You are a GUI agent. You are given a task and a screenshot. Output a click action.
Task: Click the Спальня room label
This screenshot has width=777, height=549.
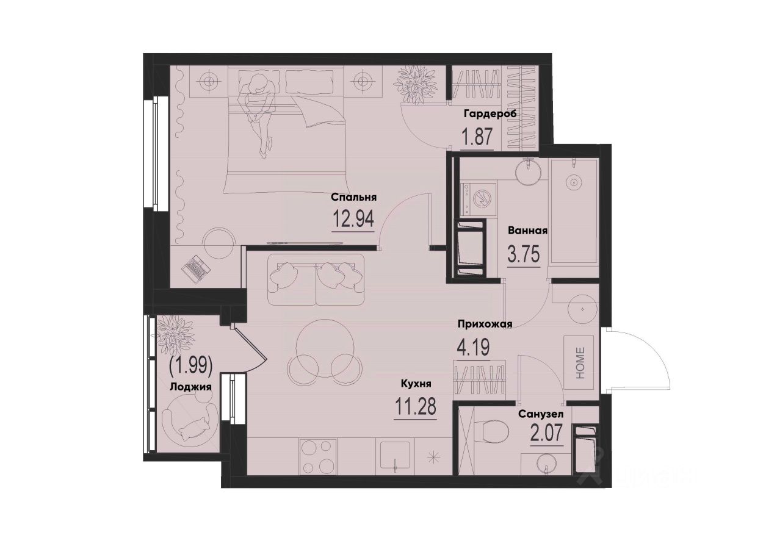click(x=353, y=197)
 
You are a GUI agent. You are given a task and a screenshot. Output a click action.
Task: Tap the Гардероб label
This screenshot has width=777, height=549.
click(x=490, y=114)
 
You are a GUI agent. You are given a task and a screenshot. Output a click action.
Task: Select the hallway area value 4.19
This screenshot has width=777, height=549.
click(x=473, y=347)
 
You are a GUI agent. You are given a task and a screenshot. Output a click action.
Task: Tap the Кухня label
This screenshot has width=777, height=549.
click(x=416, y=384)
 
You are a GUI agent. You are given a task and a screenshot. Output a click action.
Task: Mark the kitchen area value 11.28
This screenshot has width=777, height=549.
click(x=415, y=407)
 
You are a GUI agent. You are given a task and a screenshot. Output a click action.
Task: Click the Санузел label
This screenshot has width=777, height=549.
click(x=541, y=414)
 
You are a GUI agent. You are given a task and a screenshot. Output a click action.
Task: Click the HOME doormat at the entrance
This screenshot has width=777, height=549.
click(x=579, y=363)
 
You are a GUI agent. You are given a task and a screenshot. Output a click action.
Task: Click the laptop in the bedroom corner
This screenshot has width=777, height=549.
click(x=198, y=268)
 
